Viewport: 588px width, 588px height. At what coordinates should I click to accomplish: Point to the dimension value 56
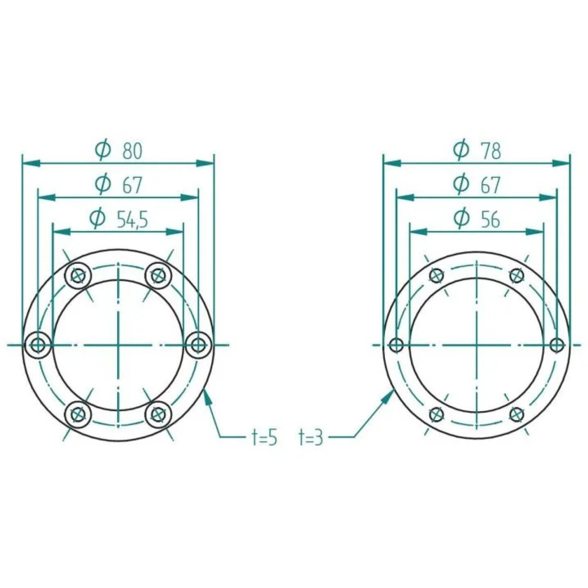click(x=491, y=220)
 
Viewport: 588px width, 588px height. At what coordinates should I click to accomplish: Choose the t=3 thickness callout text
click(x=310, y=439)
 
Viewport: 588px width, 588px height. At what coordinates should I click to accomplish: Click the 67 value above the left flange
click(x=132, y=185)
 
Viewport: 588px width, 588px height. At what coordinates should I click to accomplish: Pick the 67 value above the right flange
click(x=491, y=185)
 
